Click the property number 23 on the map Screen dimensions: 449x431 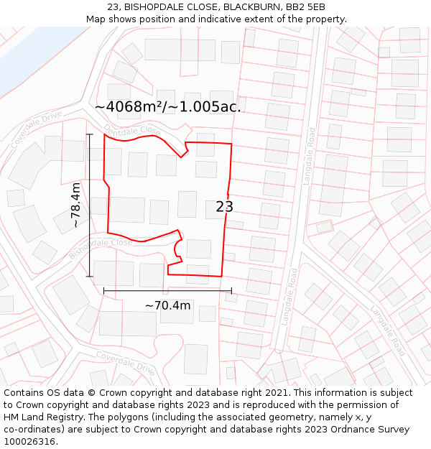click(224, 207)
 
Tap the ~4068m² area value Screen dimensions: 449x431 click(127, 107)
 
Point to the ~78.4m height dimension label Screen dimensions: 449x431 click(75, 205)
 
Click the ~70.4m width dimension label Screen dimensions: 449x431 click(167, 305)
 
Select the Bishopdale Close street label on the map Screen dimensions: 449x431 click(101, 248)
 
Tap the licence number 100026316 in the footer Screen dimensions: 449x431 click(29, 442)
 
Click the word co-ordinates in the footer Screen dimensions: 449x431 click(33, 430)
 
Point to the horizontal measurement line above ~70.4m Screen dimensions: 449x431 click(167, 290)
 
